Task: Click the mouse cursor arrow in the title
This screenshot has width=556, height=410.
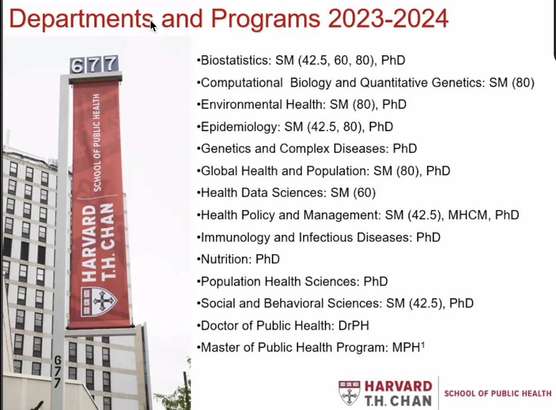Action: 153,26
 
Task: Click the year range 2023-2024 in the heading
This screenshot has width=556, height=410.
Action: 388,19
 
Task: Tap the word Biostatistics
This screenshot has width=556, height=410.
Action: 236,60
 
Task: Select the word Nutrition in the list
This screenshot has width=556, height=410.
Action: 226,259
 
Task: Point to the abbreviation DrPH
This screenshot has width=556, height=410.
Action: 354,326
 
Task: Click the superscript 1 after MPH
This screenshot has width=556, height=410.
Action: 423,345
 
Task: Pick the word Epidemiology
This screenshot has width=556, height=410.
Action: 241,127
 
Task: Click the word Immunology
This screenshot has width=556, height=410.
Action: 235,238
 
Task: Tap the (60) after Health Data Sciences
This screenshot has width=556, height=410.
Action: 364,193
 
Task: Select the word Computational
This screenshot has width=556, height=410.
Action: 242,83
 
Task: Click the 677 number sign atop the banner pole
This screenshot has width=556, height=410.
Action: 94,65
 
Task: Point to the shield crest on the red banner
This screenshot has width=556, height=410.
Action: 99,301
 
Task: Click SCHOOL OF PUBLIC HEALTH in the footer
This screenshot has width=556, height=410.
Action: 498,393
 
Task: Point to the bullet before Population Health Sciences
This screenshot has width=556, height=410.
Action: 199,282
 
